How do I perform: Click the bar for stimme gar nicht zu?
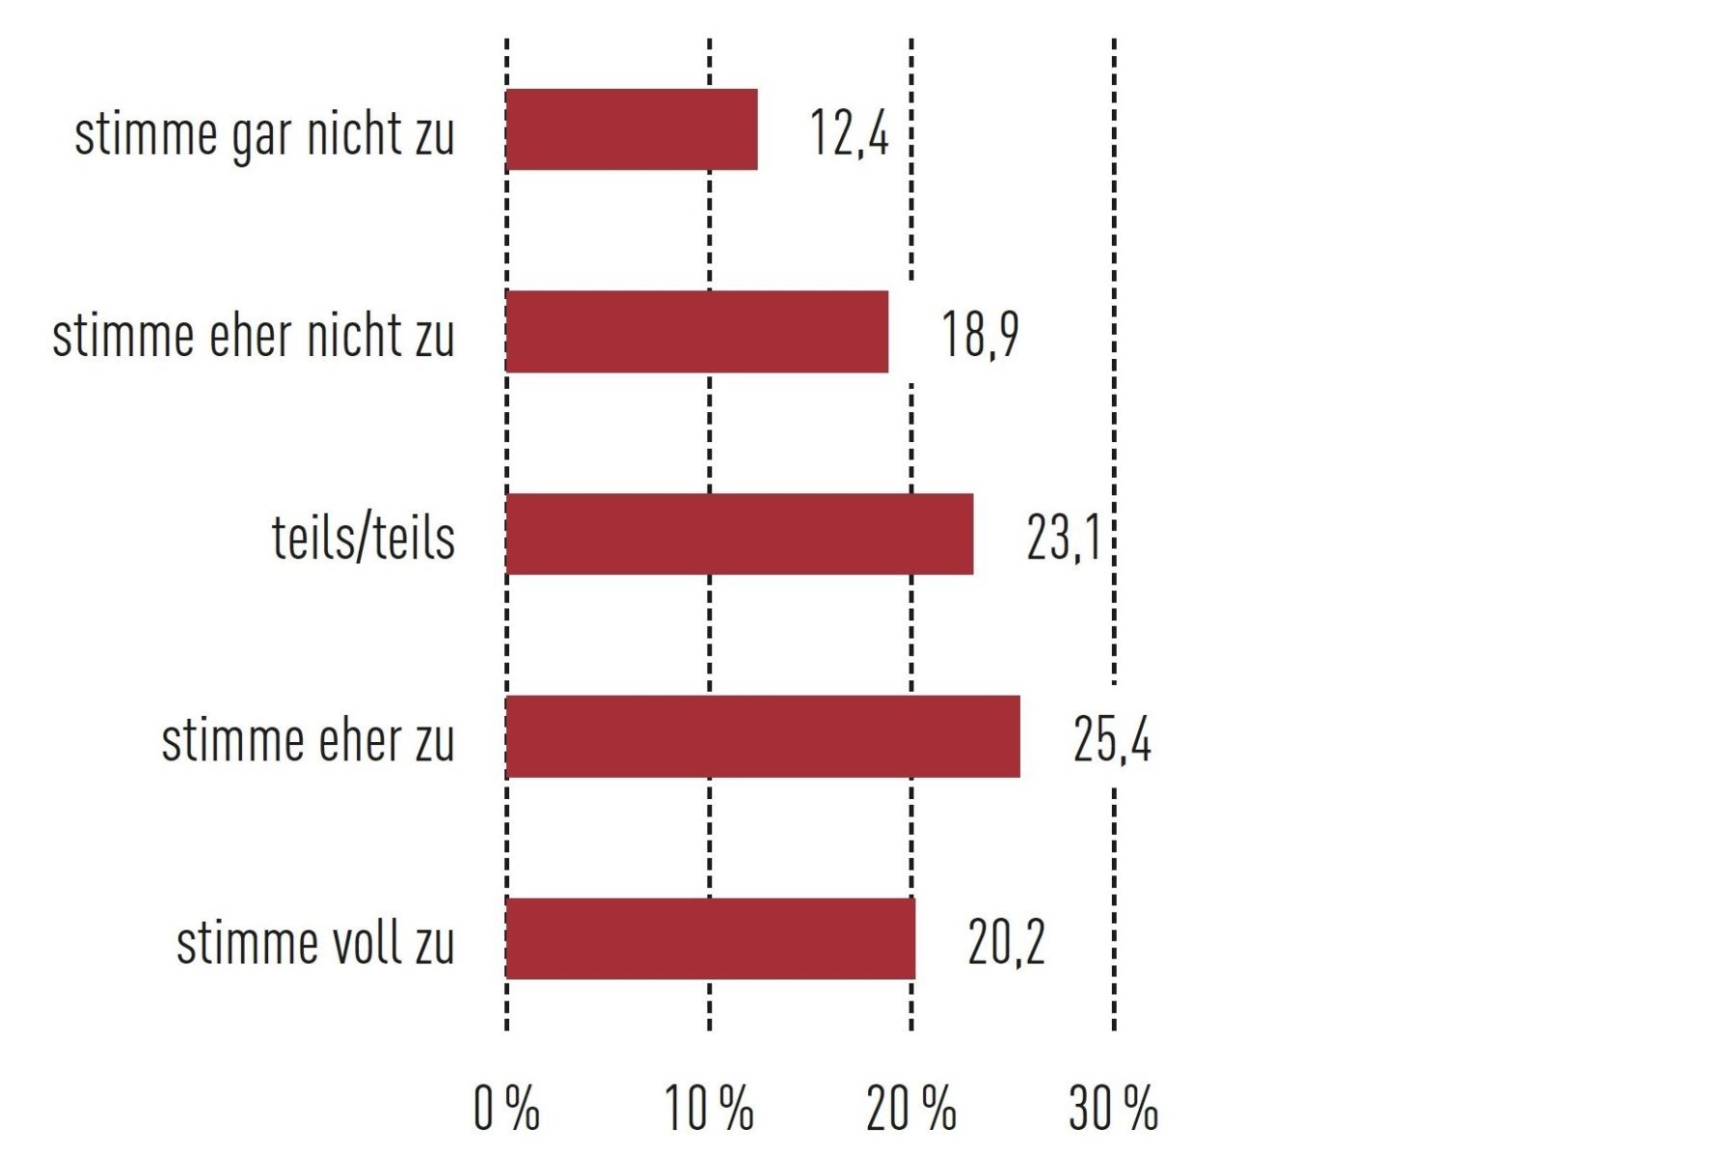click(632, 129)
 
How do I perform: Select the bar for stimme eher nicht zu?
click(696, 331)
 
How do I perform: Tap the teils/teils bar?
click(739, 534)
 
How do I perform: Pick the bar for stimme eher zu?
click(762, 736)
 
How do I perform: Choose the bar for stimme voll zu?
click(710, 938)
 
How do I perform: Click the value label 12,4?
click(849, 132)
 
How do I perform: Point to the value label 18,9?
click(979, 335)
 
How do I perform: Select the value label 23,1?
click(1063, 538)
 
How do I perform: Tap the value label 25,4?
click(1111, 740)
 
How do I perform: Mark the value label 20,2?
click(1006, 943)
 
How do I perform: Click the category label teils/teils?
click(363, 537)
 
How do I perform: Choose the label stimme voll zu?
click(314, 942)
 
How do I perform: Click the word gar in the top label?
click(261, 135)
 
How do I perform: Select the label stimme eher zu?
click(307, 740)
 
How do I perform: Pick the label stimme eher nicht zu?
click(253, 335)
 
